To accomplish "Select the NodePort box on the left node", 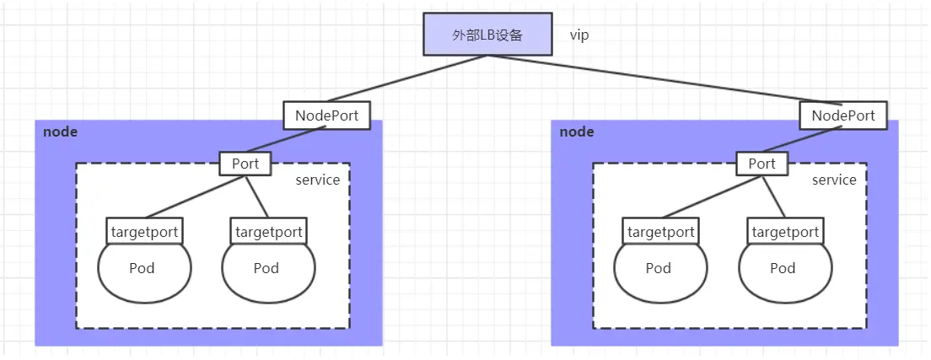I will (326, 115).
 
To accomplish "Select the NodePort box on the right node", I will (842, 115).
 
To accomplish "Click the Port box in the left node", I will (245, 164).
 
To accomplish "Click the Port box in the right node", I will (761, 164).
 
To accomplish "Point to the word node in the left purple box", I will (60, 132).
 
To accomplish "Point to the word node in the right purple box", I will (576, 132).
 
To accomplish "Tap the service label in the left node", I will (317, 180).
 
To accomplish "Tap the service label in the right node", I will (833, 180).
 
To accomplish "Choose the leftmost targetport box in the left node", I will (145, 231).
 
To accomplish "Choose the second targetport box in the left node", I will (269, 231).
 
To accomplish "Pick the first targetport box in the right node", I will (661, 231).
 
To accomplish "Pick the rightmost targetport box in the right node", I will (785, 231).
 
